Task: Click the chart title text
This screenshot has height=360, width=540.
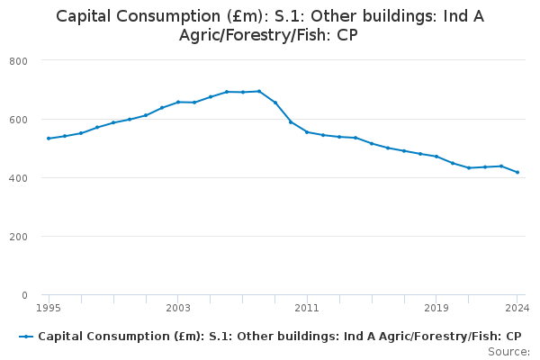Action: [x=270, y=26]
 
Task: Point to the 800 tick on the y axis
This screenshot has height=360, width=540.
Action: [x=18, y=60]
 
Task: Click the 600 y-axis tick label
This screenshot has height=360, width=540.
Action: [x=18, y=119]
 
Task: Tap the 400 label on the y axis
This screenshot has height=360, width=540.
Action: [x=18, y=177]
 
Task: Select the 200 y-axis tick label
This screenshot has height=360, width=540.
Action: [x=18, y=236]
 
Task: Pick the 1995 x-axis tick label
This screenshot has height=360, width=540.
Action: [x=49, y=308]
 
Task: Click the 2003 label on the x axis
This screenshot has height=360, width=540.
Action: [x=178, y=308]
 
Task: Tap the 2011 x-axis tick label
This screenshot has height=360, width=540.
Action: [x=307, y=308]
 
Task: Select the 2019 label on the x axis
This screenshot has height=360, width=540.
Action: [x=436, y=308]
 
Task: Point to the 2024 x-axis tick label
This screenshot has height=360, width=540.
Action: [x=517, y=308]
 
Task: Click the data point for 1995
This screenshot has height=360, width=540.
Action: [x=49, y=139]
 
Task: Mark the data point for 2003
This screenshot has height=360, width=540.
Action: [x=178, y=102]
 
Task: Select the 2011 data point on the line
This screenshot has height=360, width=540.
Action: [x=307, y=131]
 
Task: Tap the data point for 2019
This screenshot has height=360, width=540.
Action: [x=436, y=157]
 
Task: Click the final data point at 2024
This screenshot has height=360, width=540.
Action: [x=517, y=172]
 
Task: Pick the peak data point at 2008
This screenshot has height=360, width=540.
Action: [x=259, y=91]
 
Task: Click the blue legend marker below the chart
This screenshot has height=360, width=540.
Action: [x=27, y=337]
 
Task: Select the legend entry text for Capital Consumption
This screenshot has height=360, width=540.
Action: [x=279, y=337]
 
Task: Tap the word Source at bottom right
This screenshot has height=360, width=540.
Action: [x=508, y=351]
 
